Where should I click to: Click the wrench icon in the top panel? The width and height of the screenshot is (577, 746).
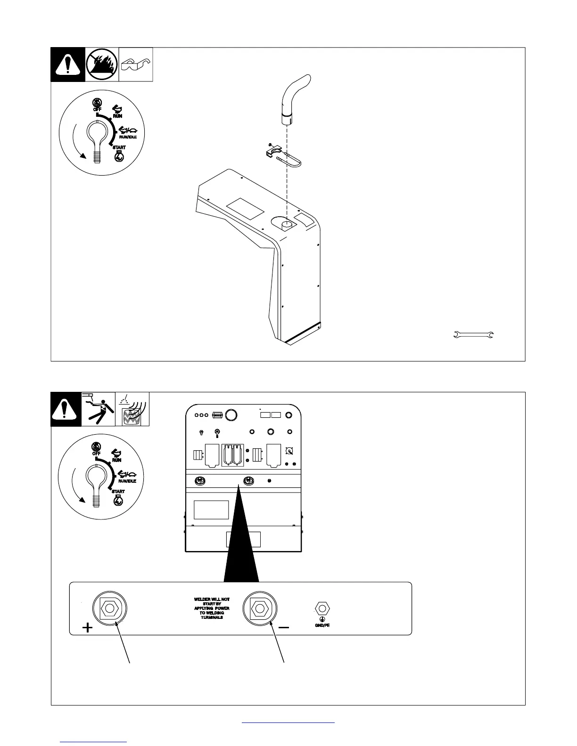pos(473,335)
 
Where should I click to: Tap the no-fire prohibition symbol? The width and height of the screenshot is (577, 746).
pos(102,65)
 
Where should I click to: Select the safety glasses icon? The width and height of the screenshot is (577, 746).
pos(135,65)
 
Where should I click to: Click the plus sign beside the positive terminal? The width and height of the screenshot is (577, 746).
pos(87,627)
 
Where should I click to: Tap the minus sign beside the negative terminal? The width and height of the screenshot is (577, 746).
pos(284,627)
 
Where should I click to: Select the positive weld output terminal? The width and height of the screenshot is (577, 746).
pos(110,608)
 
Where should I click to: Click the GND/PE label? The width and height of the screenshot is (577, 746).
pos(322,626)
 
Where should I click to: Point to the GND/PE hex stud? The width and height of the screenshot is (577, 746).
pos(322,608)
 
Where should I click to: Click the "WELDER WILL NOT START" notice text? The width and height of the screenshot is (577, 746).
pos(212,608)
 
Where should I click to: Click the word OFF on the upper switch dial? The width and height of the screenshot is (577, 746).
pos(97,109)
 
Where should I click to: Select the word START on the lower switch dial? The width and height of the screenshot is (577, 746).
pos(118,491)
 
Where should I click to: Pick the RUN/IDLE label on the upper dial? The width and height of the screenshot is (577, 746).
pos(127,137)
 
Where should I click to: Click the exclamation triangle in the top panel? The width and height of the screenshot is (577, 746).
pos(68,65)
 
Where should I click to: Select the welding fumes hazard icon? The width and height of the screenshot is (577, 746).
pos(132,409)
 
